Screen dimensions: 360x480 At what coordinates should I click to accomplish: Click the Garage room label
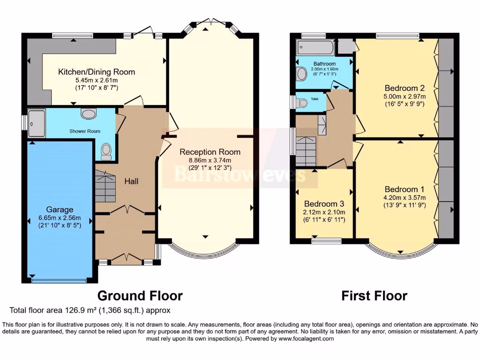click(x=60, y=210)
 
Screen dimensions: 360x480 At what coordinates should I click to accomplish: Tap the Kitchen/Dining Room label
click(x=96, y=72)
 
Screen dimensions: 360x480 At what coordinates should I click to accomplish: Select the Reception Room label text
click(x=210, y=152)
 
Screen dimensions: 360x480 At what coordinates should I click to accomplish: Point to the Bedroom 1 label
click(x=404, y=189)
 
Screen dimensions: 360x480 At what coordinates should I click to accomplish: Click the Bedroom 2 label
click(x=404, y=88)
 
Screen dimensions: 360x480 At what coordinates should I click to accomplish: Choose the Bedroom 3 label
click(x=324, y=204)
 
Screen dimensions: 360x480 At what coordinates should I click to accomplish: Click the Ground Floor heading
click(x=140, y=296)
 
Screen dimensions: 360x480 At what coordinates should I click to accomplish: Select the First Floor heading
click(x=374, y=296)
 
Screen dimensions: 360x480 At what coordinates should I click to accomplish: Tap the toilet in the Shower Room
click(x=106, y=150)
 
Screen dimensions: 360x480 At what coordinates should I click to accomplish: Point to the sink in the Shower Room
click(x=88, y=113)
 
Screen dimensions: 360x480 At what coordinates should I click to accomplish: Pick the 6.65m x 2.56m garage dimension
click(x=60, y=217)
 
